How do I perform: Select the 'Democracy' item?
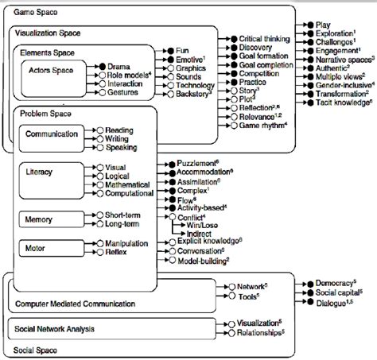click(329, 282)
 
